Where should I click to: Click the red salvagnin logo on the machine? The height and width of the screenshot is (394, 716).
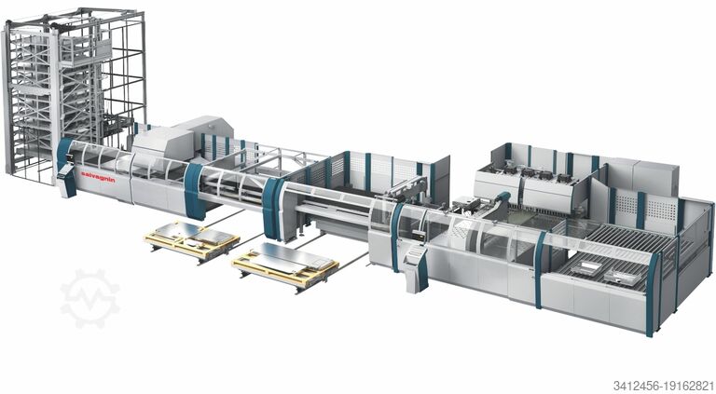click(98, 177)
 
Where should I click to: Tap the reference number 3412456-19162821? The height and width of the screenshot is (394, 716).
click(664, 386)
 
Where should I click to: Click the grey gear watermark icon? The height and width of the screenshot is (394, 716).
click(89, 298)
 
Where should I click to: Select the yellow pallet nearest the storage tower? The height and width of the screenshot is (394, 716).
click(192, 240)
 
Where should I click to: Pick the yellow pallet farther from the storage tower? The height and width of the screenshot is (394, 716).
click(285, 265)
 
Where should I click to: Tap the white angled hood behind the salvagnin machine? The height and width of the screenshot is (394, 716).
click(183, 138)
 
